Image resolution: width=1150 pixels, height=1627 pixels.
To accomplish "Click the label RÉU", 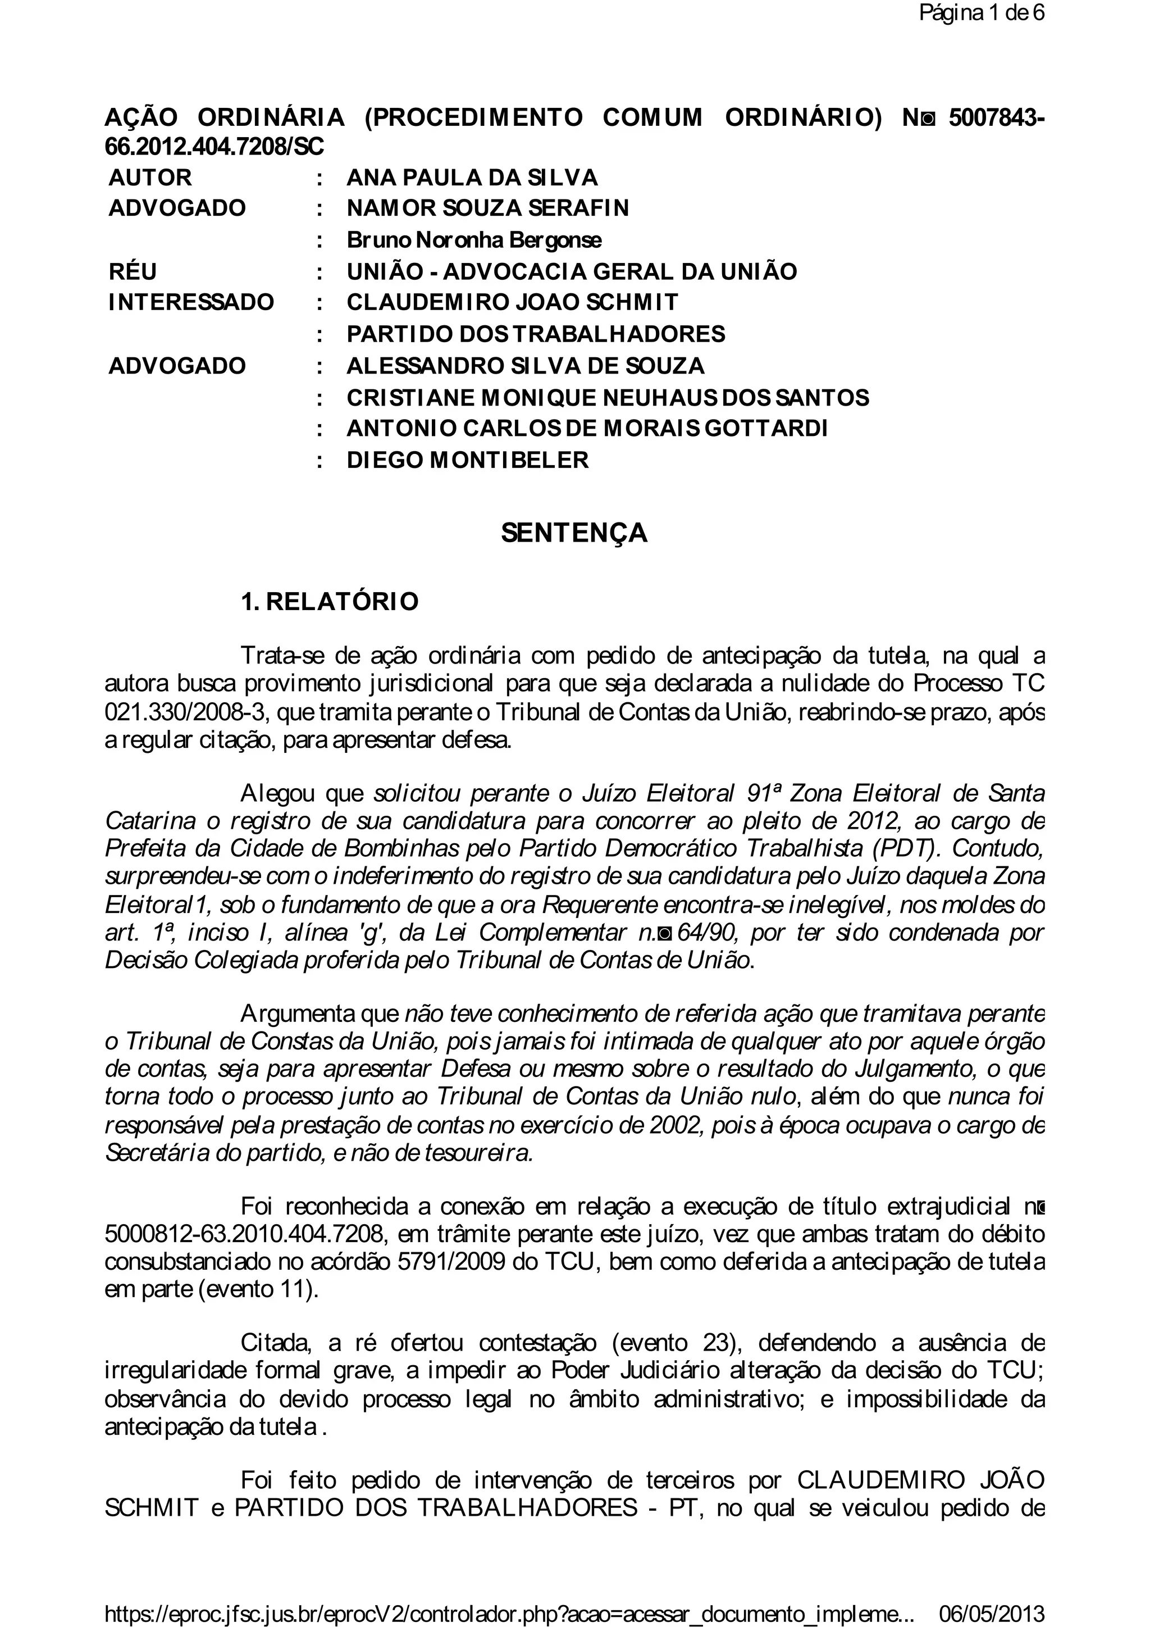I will [x=133, y=271].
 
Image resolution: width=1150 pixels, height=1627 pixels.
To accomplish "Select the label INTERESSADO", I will [x=190, y=303].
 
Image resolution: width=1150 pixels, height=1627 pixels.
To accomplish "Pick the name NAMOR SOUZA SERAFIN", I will [x=487, y=208].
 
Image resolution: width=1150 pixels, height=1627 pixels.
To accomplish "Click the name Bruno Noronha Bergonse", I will [x=474, y=240].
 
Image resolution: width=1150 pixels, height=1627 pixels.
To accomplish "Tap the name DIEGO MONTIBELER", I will [x=467, y=461].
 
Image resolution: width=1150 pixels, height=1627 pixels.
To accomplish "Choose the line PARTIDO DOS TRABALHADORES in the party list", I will [x=535, y=334].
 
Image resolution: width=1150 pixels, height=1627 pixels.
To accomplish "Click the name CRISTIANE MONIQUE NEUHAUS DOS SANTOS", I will [x=608, y=398].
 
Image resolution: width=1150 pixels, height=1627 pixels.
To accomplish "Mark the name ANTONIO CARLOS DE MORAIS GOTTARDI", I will [x=586, y=429].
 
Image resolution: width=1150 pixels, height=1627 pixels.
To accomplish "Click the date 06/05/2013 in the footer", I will [x=992, y=1610].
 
